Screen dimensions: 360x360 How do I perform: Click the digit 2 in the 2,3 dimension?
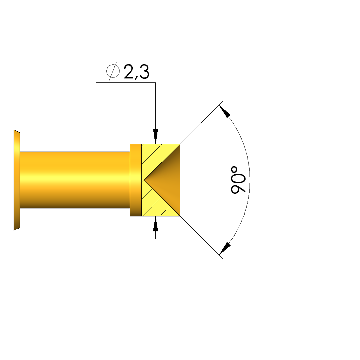129,71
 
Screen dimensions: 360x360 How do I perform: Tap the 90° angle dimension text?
238,180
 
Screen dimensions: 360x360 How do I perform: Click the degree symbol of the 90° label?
234,170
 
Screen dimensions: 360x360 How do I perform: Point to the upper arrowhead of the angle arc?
225,111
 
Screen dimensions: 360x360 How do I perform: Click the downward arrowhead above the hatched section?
155,136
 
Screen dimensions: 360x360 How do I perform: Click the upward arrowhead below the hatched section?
155,224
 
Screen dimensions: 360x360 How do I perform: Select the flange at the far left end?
17,180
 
